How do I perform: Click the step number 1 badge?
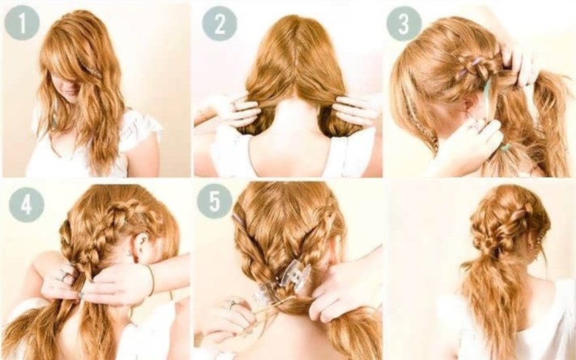pos(22,23)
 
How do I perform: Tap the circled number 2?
pos(220,23)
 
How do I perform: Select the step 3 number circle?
pos(404,23)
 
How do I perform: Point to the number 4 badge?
pos(26,205)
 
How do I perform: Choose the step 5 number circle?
pos(215,201)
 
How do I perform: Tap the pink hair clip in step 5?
pos(239,219)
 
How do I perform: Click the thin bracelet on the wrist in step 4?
pos(151,280)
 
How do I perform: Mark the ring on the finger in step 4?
pos(64,276)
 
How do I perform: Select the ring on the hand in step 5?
pos(232,304)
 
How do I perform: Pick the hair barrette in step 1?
pos(93,70)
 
